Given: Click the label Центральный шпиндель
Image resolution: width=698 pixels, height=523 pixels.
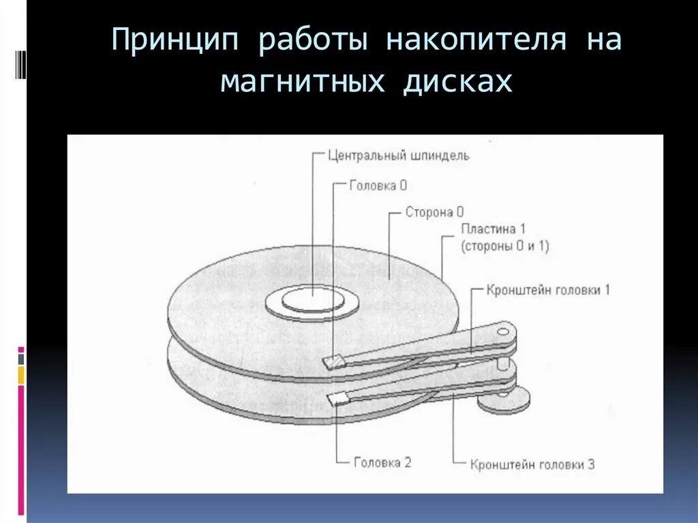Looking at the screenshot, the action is coord(398,155).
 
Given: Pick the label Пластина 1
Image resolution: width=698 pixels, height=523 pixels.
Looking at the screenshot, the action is coord(493,229).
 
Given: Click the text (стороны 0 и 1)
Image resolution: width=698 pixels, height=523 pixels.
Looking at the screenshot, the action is coord(504,245).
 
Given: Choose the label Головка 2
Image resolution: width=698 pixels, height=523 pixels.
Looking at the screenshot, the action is coord(382,462).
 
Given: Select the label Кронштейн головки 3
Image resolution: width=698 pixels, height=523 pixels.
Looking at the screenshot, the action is coord(532,465).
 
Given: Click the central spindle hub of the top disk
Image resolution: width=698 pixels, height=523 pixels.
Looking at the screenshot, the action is coord(313,299).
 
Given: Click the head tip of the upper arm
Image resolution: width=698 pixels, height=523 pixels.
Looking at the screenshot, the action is coord(331,363).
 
